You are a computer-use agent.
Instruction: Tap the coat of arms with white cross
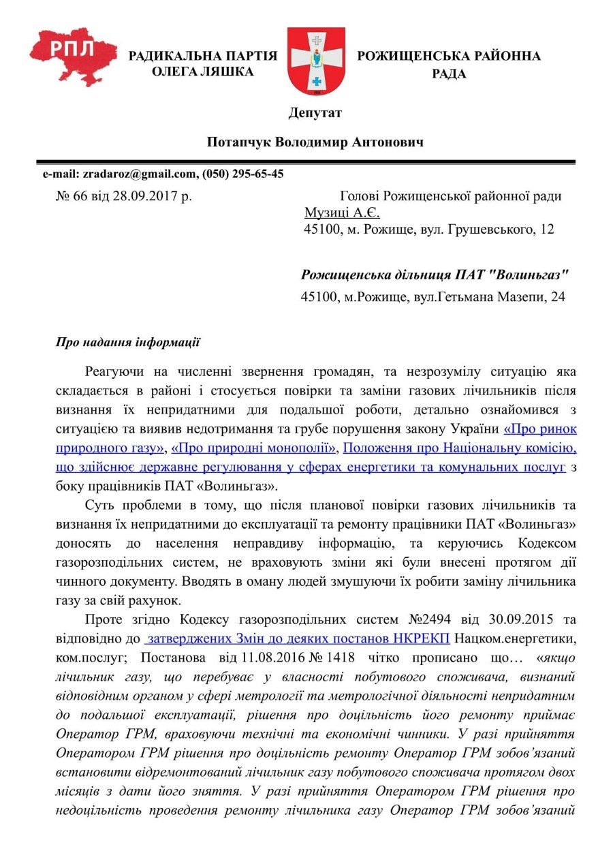316,61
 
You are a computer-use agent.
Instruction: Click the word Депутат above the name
315,112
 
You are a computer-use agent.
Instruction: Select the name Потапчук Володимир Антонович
315,142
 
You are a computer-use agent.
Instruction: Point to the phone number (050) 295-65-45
242,174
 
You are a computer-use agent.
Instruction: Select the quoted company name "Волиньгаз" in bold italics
525,275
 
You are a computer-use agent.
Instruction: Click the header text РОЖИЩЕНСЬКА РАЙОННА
449,56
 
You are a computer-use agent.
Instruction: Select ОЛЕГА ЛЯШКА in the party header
202,72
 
